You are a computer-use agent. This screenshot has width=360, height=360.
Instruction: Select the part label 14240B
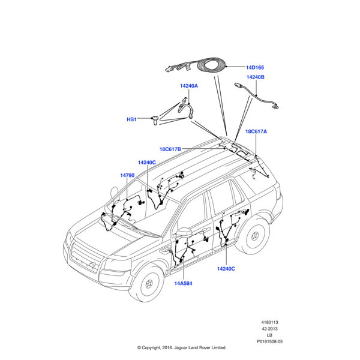pos(254,77)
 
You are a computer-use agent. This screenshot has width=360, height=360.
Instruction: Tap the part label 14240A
pos(188,86)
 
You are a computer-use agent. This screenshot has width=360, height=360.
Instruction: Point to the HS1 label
pos(131,119)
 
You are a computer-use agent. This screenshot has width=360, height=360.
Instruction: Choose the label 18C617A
pos(256,131)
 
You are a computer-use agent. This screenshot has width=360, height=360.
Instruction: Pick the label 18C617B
pos(170,149)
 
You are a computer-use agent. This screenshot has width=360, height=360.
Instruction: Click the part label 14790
pos(127,175)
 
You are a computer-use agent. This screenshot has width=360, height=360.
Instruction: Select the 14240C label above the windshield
pos(146,163)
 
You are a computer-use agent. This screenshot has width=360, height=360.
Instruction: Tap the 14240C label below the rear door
pos(226,268)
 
